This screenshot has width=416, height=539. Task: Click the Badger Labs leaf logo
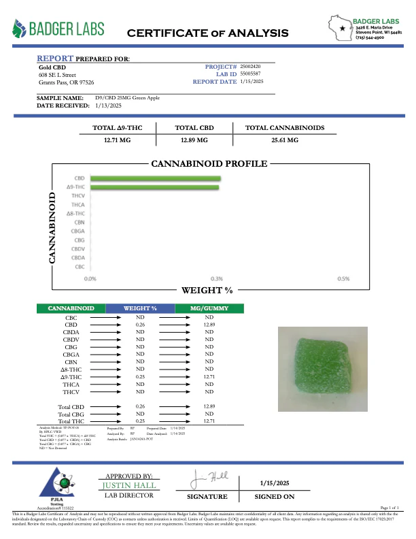pyautogui.click(x=21, y=28)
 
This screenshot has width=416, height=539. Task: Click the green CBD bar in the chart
pyautogui.click(x=154, y=178)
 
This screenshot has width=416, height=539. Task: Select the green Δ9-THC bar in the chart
pyautogui.click(x=154, y=186)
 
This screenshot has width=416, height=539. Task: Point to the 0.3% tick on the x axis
pyautogui.click(x=217, y=278)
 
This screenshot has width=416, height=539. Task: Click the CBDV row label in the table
pyautogui.click(x=71, y=339)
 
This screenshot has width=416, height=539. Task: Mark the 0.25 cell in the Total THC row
pyautogui.click(x=141, y=421)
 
